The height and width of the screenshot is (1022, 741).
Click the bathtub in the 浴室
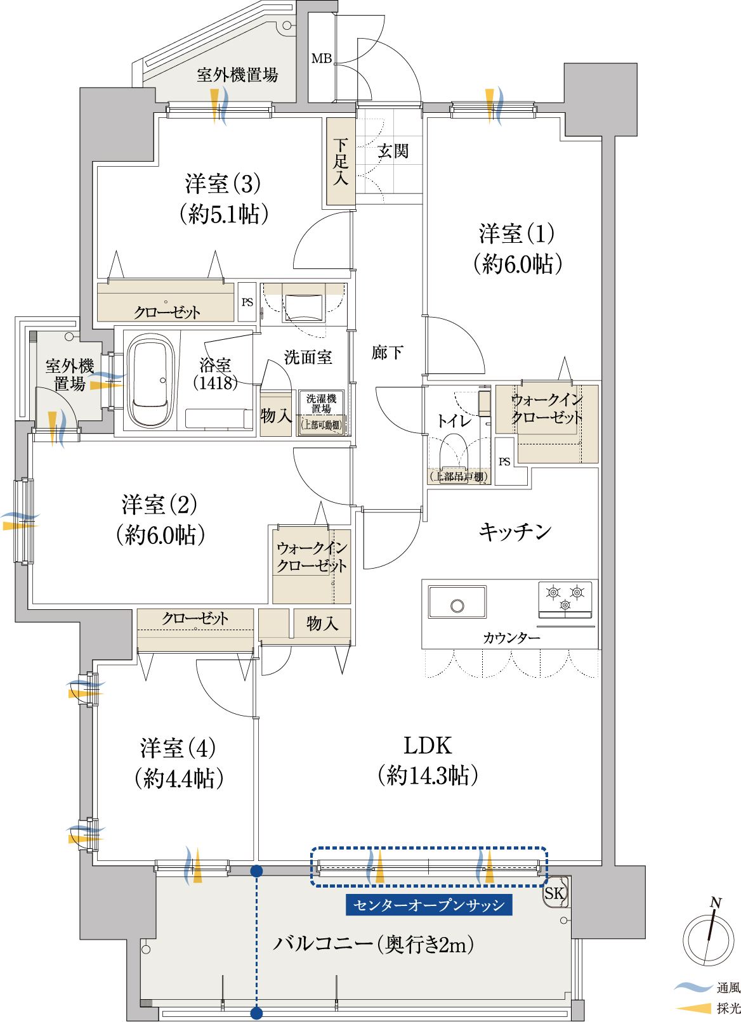pyautogui.click(x=147, y=380)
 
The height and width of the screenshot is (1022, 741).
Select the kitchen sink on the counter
pyautogui.click(x=457, y=602)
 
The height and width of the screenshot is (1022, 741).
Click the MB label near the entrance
pyautogui.click(x=322, y=58)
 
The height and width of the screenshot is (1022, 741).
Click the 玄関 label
pyautogui.click(x=393, y=151)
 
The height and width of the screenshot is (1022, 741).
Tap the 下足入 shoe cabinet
pyautogui.click(x=341, y=162)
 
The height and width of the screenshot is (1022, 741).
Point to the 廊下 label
pyautogui.click(x=387, y=353)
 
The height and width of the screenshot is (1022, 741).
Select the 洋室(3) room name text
pyautogui.click(x=223, y=183)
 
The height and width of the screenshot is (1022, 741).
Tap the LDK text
pyautogui.click(x=428, y=746)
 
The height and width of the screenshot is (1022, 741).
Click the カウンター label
pyautogui.click(x=511, y=638)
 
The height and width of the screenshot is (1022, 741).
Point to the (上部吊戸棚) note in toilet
pyautogui.click(x=459, y=477)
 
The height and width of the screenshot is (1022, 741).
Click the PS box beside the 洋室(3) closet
pyautogui.click(x=247, y=302)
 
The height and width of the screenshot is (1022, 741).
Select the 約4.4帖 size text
pyautogui.click(x=179, y=779)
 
